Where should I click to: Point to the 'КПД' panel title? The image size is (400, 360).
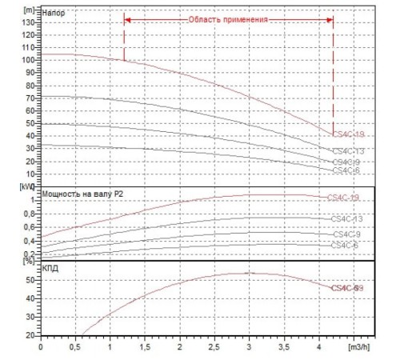pos(51,269)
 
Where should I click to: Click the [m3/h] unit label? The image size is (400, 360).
pos(358,348)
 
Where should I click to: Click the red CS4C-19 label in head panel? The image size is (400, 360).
pos(348,134)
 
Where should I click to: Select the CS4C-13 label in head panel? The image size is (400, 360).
pos(348,151)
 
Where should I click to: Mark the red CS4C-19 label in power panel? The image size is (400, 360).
pos(344,198)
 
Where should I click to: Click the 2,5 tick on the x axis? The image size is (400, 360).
pos(214,348)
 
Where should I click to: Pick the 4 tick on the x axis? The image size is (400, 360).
pos(319,348)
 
